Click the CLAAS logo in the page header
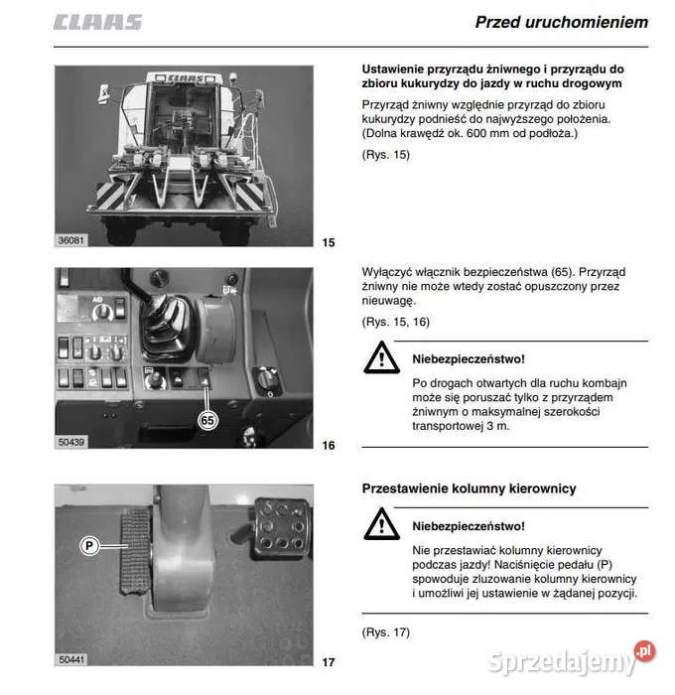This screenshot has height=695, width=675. pos(98,22)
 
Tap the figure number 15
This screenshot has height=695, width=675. pos(330,242)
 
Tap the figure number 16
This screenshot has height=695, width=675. pos(330,446)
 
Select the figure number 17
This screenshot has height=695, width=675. pos(330,662)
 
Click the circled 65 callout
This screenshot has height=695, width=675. pos(207,420)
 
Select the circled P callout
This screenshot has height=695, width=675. pos(88,545)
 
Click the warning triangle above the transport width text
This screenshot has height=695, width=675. pos(380,358)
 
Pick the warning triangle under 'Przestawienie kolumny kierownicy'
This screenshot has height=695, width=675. pos(380,524)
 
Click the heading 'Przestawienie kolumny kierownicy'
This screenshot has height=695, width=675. pos(469,488)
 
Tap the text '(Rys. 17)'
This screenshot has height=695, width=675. pos(386,632)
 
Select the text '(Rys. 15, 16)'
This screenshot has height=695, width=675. pos(395,323)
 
